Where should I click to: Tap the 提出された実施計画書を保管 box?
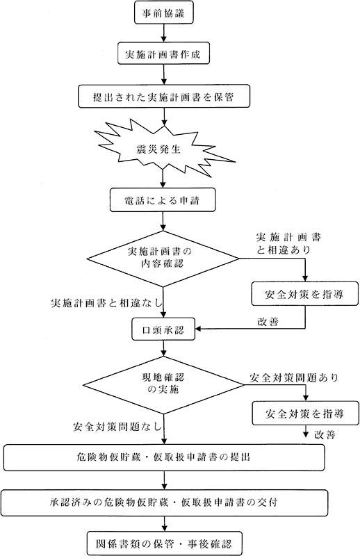[x=163, y=97]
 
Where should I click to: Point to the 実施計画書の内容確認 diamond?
[x=164, y=258]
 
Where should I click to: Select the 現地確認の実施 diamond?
[x=164, y=383]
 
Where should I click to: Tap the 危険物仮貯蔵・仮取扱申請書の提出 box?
[x=163, y=457]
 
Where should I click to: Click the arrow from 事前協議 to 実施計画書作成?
[x=163, y=33]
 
